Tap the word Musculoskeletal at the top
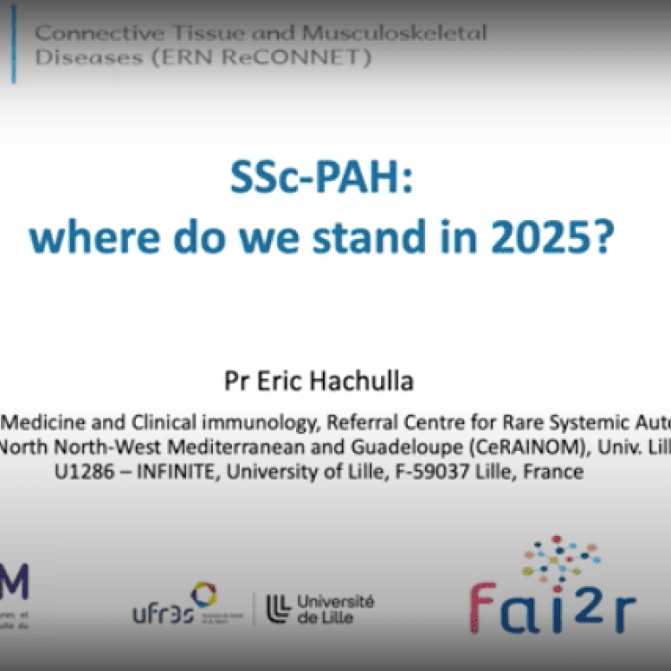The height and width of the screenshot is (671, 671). pos(395,34)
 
